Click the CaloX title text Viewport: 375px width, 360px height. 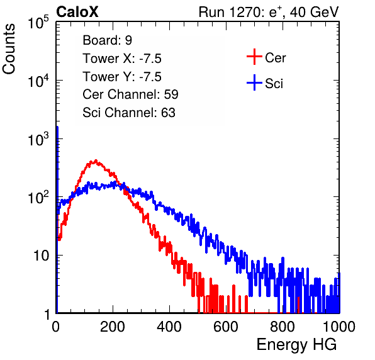77,12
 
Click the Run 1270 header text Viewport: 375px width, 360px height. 269,12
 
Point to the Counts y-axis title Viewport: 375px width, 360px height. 9,49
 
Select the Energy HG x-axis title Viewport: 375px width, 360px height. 296,345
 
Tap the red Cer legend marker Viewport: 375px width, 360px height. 254,57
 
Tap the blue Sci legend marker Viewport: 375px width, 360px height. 254,83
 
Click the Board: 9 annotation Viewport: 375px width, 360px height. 107,40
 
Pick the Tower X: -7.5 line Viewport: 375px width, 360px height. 122,59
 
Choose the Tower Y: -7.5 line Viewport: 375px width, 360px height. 122,77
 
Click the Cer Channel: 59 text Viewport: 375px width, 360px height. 130,94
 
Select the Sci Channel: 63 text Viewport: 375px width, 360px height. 129,113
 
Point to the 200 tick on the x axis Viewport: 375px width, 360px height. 113,327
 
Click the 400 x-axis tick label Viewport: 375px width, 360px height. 169,327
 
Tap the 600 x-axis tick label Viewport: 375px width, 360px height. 226,327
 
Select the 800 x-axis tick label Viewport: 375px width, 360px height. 283,327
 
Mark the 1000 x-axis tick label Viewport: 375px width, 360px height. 339,327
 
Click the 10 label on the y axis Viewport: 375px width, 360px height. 41,256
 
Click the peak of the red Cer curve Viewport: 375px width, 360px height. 96,160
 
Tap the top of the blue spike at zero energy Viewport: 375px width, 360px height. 57,127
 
